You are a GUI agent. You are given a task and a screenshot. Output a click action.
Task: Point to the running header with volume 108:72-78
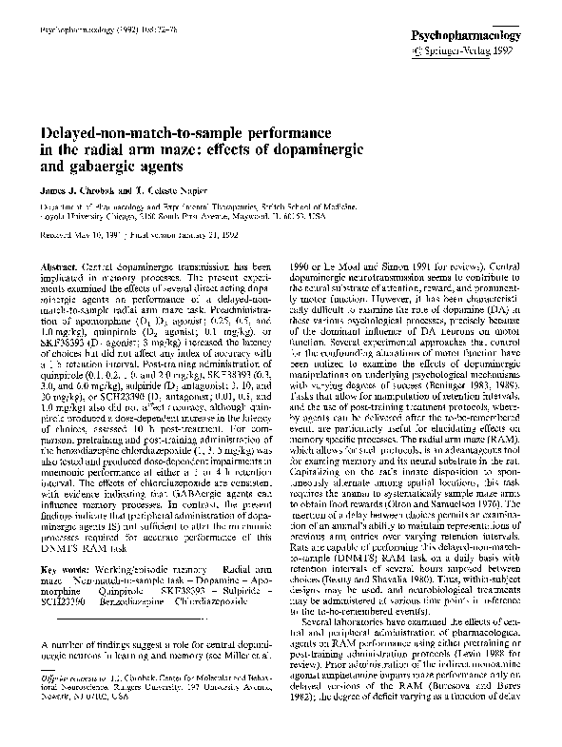[89, 31]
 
